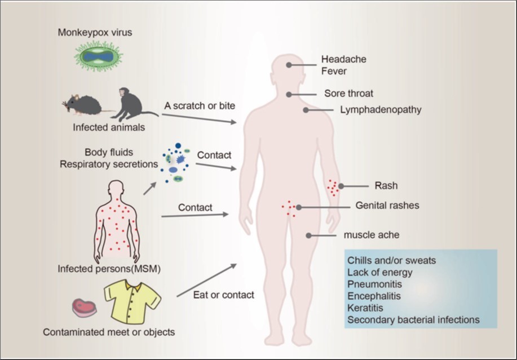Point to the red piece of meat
pos(85,308)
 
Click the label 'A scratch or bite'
pos(200,105)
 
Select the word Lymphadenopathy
pos(381,110)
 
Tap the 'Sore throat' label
pos(348,93)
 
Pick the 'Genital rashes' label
pos(387,206)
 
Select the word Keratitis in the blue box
pos(365,308)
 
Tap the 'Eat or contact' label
pos(224,295)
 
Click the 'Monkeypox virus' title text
pos(95,32)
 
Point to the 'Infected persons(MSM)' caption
pos(109,269)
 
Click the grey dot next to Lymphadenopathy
pos(306,110)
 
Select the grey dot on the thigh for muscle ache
pos(308,235)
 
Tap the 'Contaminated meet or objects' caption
pos(109,332)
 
